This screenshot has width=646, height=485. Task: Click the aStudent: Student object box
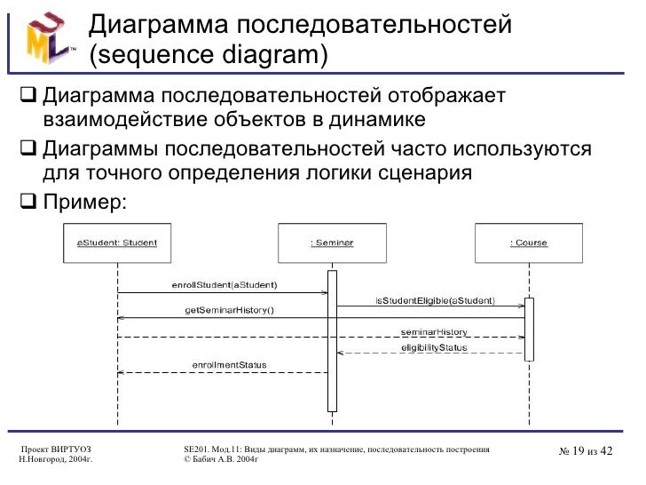click(x=117, y=242)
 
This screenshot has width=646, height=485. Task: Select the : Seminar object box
click(x=332, y=242)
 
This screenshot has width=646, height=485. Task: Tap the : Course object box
click(x=530, y=242)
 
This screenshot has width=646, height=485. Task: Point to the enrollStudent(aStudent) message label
click(x=224, y=285)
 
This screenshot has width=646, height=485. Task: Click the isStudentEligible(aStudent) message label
click(x=436, y=300)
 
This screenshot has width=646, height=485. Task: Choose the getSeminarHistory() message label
click(x=229, y=310)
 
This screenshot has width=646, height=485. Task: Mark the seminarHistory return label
click(x=434, y=331)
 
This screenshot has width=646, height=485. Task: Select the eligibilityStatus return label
click(x=434, y=347)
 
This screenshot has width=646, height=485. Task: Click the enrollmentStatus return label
click(x=229, y=365)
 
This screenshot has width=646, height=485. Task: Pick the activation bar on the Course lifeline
click(x=529, y=329)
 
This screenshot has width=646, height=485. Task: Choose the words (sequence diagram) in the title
click(x=209, y=55)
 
